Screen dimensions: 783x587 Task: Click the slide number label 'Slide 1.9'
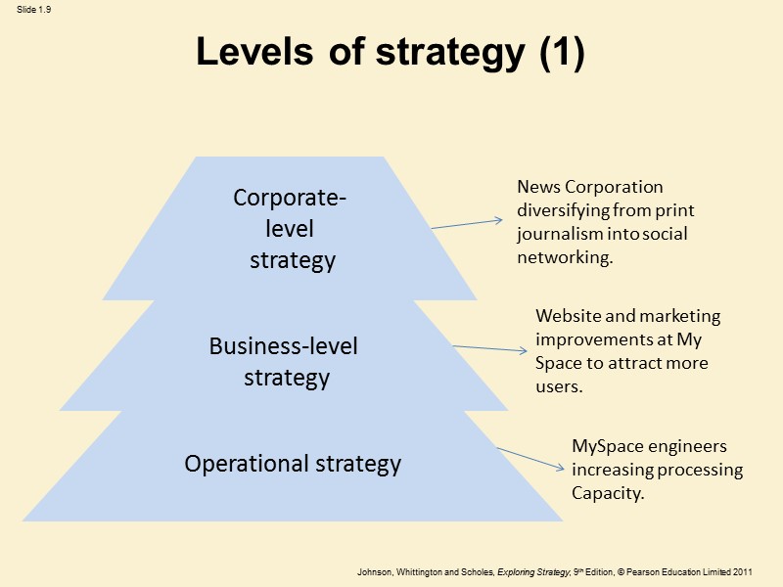[33, 10]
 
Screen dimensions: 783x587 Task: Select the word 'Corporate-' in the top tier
[290, 198]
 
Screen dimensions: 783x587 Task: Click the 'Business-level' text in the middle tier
[284, 346]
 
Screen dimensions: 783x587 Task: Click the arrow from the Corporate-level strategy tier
[467, 224]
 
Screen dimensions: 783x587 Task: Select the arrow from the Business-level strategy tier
[489, 349]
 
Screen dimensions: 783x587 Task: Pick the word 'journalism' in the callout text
[557, 234]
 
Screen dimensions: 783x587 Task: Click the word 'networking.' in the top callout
[565, 258]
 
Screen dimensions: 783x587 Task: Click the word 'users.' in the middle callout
[559, 387]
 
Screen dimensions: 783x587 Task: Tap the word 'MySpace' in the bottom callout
[607, 446]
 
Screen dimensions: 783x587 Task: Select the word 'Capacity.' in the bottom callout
[608, 493]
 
